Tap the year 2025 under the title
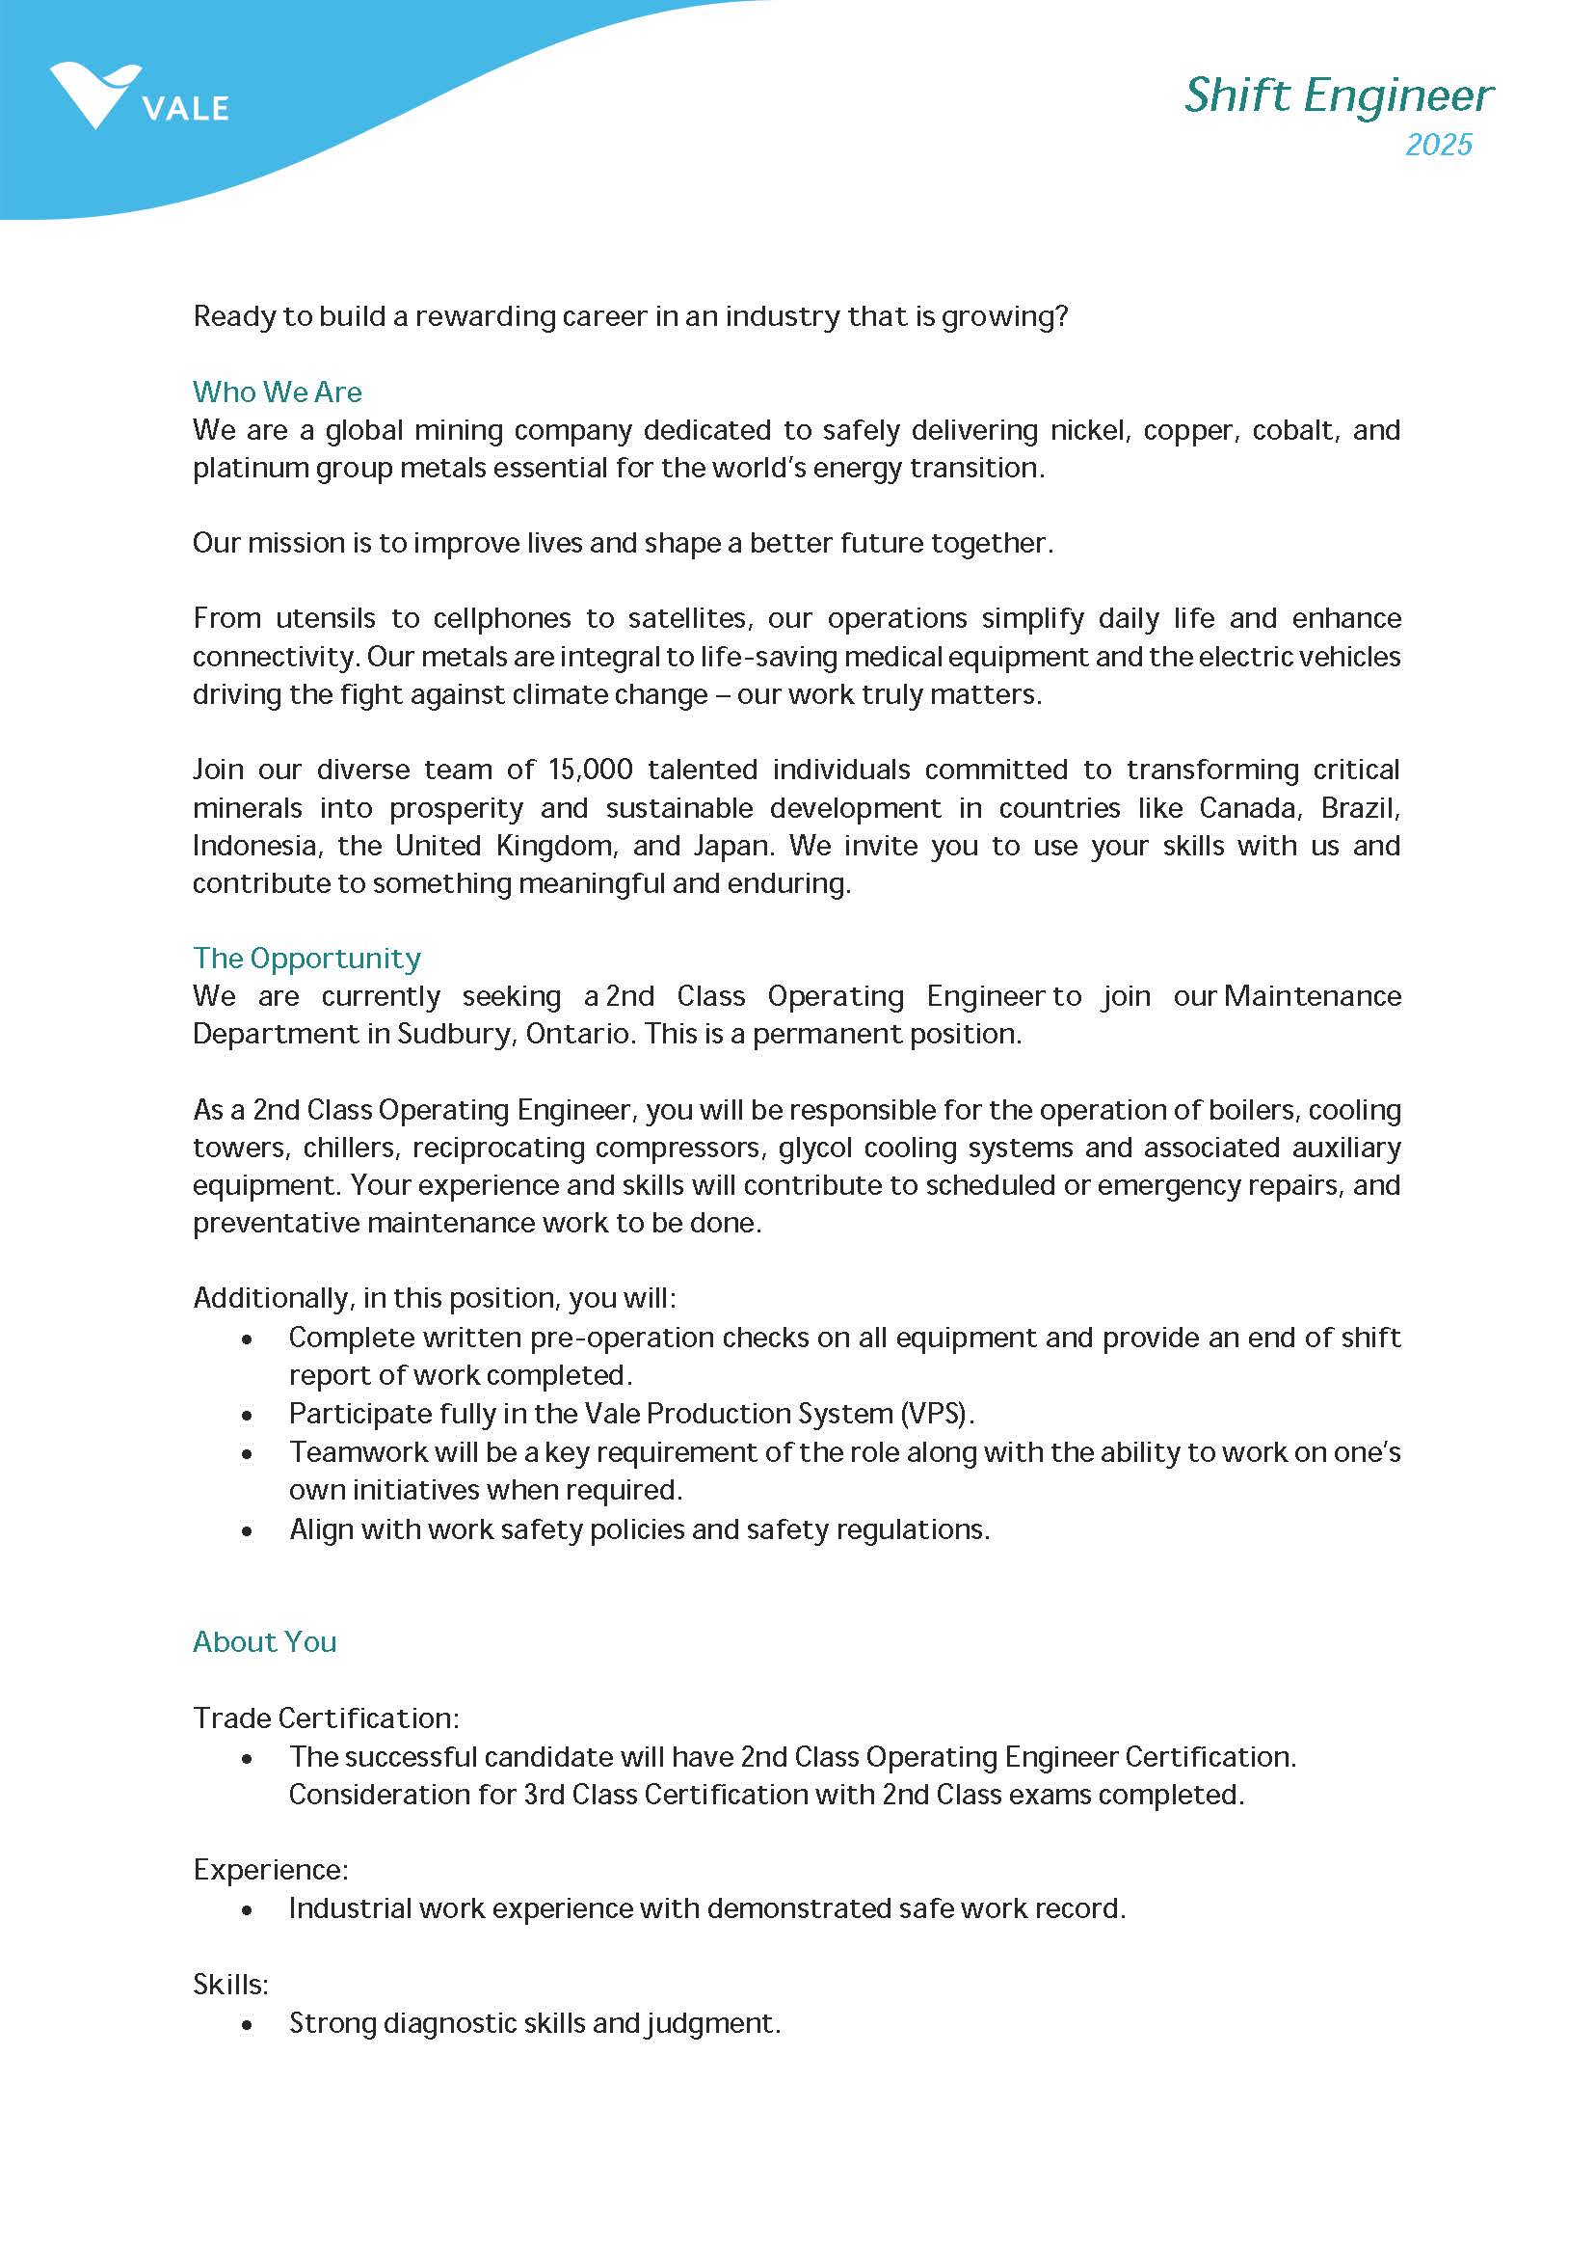click(x=1438, y=145)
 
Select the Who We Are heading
click(x=277, y=392)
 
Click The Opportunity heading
click(x=306, y=958)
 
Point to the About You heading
click(x=264, y=1641)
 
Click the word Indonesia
click(x=255, y=846)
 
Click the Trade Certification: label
click(x=325, y=1718)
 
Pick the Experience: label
click(x=270, y=1869)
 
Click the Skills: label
click(x=230, y=1984)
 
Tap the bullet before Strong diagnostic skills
click(x=247, y=2025)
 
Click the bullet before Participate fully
click(x=247, y=1415)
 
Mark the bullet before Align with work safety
click(x=247, y=1530)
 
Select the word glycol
click(x=811, y=1148)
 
